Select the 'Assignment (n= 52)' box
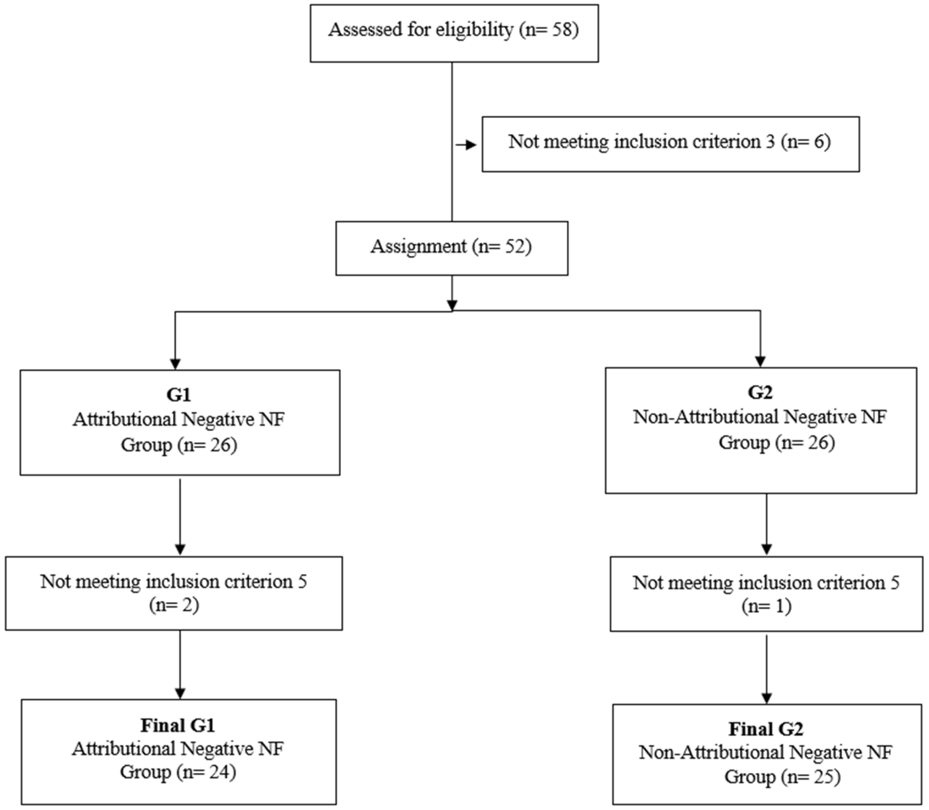click(x=451, y=248)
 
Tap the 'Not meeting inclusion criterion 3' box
click(x=670, y=144)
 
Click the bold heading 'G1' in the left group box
click(x=179, y=395)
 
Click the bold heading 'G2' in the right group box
click(x=760, y=392)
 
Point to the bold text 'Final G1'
click(x=178, y=725)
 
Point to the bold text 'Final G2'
click(x=766, y=729)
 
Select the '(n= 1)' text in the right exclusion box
click(x=766, y=606)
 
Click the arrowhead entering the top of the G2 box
click(x=760, y=361)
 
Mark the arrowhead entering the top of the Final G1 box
click(x=180, y=693)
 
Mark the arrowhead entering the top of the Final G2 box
click(x=766, y=698)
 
